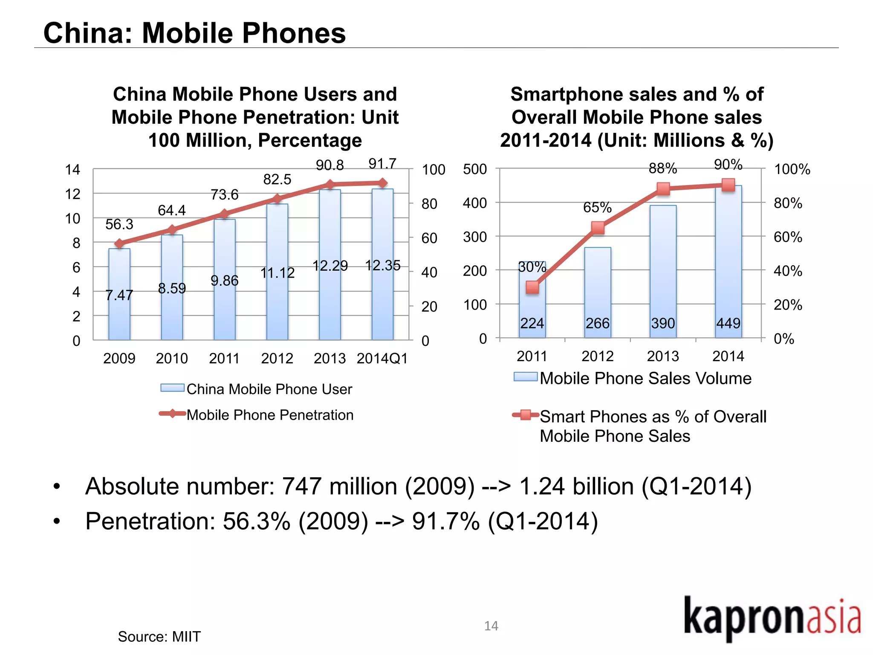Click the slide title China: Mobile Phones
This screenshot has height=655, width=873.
coord(194,33)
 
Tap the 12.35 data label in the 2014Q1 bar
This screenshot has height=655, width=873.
coord(383,265)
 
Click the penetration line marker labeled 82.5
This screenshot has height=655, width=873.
coord(278,199)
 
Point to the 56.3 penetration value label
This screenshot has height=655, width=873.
coord(119,224)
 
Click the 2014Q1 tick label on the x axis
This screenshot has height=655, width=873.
coord(382,359)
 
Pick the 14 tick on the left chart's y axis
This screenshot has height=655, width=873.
coord(72,170)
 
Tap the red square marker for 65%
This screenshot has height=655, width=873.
coord(598,228)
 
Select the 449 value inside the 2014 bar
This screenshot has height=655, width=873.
coord(728,323)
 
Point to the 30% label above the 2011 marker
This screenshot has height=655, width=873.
coord(532,267)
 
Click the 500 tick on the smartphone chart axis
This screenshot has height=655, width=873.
coord(475,169)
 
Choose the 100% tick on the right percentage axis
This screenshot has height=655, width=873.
coord(792,169)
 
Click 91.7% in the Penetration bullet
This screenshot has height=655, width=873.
coord(446,521)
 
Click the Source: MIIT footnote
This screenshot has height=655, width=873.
coord(159,637)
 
